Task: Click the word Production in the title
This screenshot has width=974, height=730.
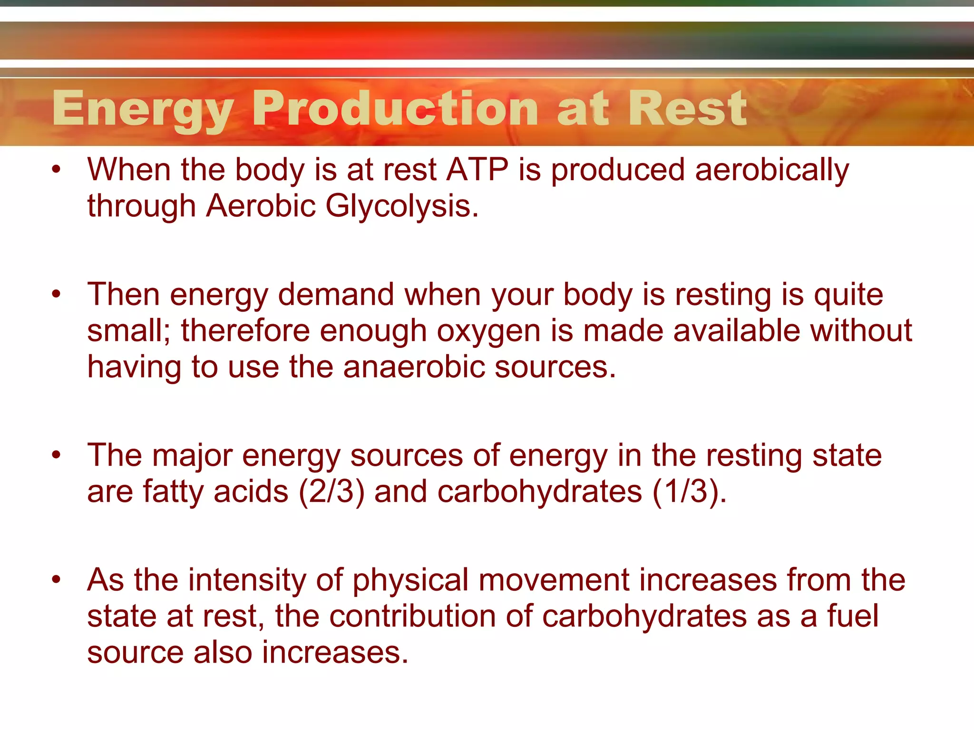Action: pyautogui.click(x=395, y=109)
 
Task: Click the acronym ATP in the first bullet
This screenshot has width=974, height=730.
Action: pyautogui.click(x=477, y=170)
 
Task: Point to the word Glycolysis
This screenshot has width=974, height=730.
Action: pyautogui.click(x=402, y=206)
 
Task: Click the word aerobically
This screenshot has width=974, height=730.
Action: pyautogui.click(x=771, y=171)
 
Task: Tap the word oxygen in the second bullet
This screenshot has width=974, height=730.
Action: pyautogui.click(x=488, y=332)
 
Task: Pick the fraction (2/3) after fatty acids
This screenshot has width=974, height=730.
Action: pyautogui.click(x=331, y=491)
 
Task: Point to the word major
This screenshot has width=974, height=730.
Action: pyautogui.click(x=192, y=456)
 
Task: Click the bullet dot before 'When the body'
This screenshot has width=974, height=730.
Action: pyautogui.click(x=57, y=170)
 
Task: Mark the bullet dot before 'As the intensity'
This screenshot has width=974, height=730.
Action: pyautogui.click(x=57, y=579)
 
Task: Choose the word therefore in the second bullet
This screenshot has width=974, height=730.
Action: pyautogui.click(x=245, y=331)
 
